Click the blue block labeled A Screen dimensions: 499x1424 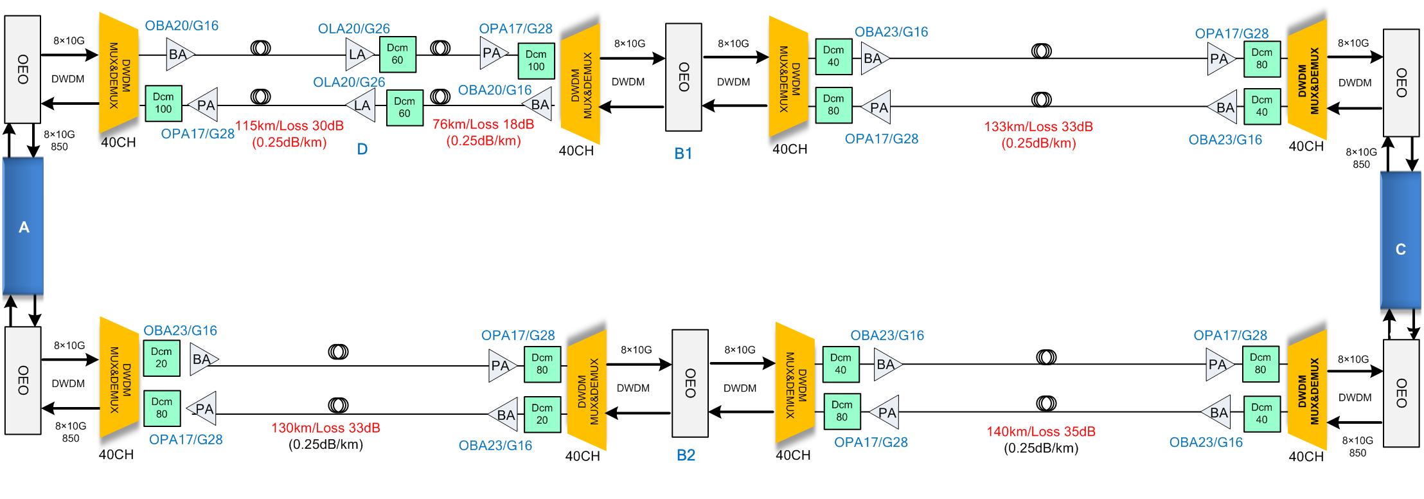(23, 226)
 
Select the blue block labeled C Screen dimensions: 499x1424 (1401, 249)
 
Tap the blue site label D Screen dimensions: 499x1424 (362, 149)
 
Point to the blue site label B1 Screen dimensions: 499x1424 (683, 154)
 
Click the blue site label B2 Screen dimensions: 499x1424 (686, 455)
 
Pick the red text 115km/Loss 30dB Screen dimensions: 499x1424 (289, 126)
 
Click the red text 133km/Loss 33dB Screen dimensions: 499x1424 (1038, 127)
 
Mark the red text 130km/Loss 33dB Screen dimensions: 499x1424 (325, 428)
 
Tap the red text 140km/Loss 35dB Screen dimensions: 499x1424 (1041, 431)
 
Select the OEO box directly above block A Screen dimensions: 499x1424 (22, 69)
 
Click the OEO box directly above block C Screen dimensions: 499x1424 (1401, 82)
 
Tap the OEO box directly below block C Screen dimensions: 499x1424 (1401, 392)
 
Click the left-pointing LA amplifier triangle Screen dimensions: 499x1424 (361, 105)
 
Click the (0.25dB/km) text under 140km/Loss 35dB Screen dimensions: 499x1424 (1041, 448)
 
